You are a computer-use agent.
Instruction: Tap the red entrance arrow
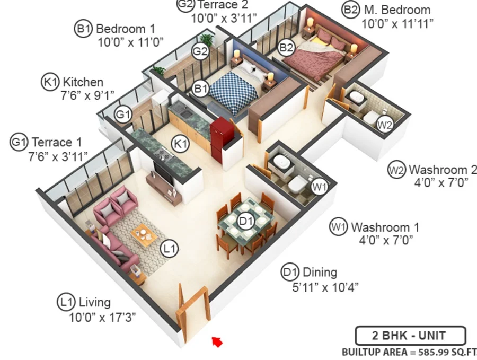[x=217, y=342]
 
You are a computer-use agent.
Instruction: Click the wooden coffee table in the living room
[x=144, y=233]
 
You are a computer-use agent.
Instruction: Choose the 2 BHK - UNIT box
[x=410, y=336]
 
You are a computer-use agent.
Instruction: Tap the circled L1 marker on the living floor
[x=170, y=249]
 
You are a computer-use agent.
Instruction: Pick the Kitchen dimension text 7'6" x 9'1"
[x=87, y=95]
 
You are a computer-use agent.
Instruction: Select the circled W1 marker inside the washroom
[x=320, y=187]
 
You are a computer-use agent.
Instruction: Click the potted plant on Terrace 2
[x=207, y=40]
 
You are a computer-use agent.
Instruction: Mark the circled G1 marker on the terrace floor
[x=123, y=115]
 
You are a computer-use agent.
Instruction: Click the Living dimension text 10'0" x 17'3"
[x=102, y=318]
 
